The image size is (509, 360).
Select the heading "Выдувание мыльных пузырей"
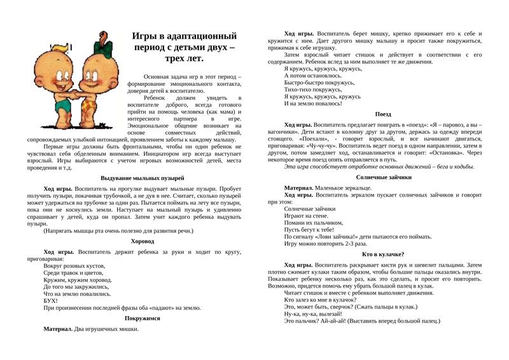point(143,178)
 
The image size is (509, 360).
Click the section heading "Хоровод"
point(143,242)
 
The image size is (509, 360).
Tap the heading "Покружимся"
point(143,317)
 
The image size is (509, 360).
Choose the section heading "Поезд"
point(383,114)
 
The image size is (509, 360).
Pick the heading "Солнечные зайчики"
point(384,177)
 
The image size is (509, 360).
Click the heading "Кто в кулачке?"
point(384,254)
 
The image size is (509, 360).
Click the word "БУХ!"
point(51,300)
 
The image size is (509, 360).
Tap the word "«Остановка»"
point(447,152)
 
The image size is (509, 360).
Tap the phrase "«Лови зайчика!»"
point(340,235)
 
